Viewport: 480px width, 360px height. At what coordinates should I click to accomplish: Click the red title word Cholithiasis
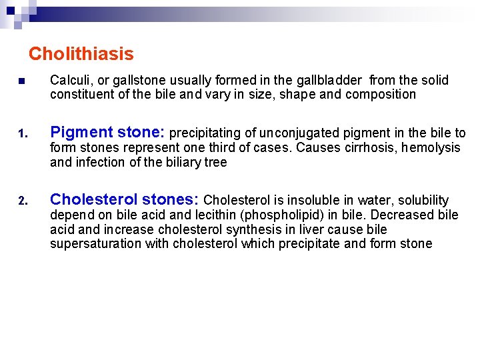tap(81, 54)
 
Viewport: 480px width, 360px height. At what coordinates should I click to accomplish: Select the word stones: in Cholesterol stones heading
tap(171, 199)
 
